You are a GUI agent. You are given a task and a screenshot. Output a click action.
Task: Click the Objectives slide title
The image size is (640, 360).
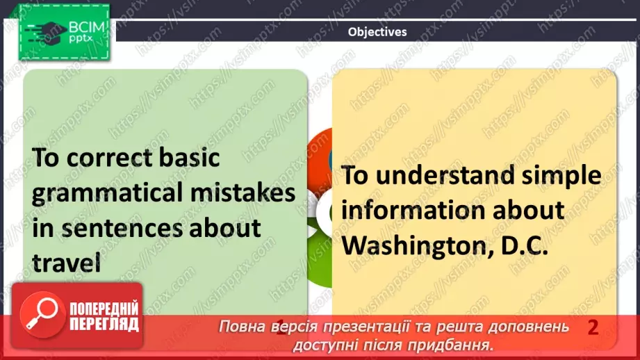[377, 31]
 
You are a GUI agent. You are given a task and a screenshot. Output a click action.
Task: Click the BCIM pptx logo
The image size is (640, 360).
[64, 33]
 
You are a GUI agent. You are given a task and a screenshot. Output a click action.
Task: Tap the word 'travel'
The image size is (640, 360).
[67, 262]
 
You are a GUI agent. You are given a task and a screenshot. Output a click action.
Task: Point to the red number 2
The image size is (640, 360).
[593, 327]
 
